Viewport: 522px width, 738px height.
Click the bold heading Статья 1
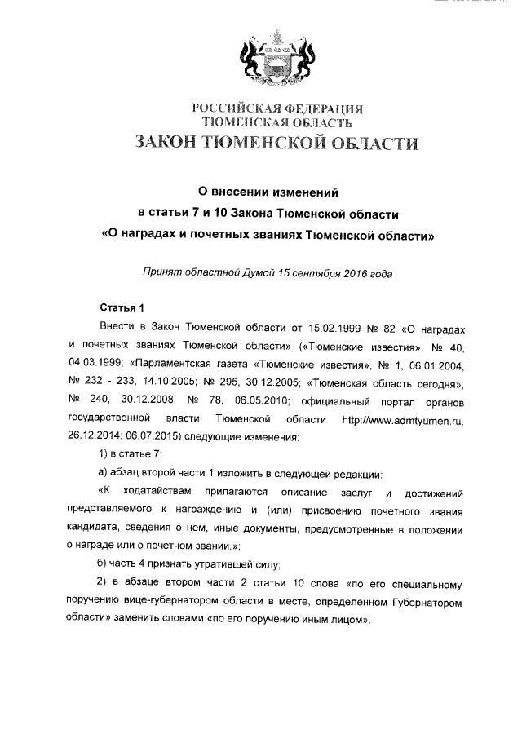(121, 307)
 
